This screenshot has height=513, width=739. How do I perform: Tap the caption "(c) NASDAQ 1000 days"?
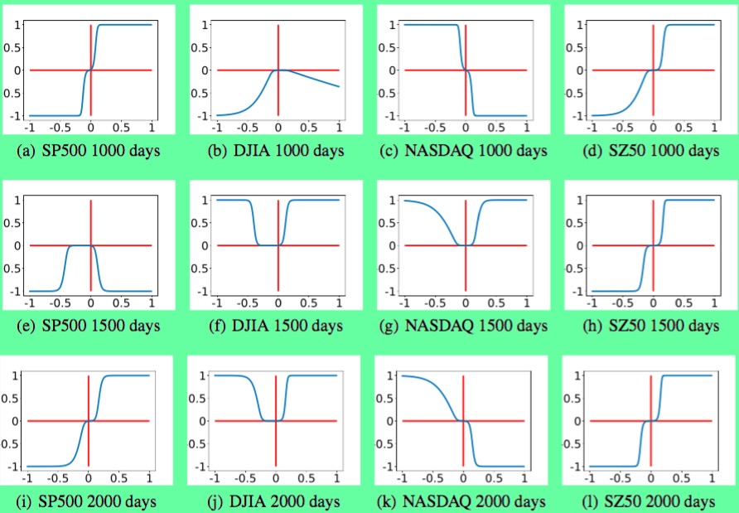pos(462,151)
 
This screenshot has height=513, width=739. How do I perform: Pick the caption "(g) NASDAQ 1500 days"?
pos(462,326)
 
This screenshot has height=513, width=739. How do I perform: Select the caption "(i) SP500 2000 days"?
pos(89,501)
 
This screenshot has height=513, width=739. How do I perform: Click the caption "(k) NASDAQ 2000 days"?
pos(462,501)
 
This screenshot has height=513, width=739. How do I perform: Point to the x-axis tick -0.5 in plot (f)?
pos(246,302)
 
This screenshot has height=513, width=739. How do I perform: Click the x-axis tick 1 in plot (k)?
pos(524,478)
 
